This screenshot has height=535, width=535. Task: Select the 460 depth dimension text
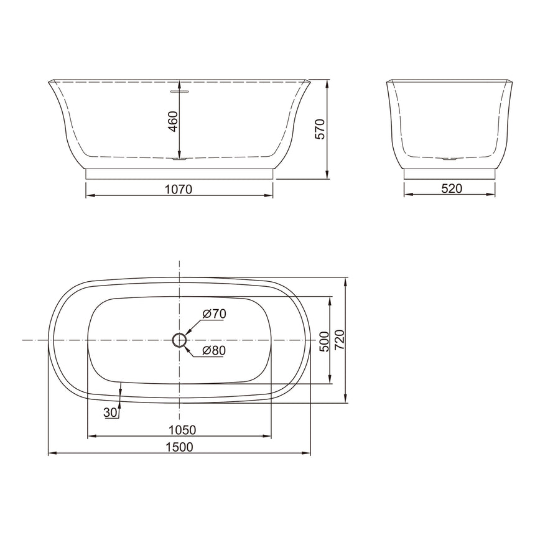(173, 121)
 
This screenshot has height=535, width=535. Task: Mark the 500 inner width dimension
(323, 341)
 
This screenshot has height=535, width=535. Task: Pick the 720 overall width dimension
(339, 340)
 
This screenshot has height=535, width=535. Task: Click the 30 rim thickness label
(110, 412)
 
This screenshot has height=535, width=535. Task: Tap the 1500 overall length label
(180, 446)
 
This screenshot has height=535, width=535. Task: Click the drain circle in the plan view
(179, 340)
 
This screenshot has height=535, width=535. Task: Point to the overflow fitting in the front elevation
(179, 90)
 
